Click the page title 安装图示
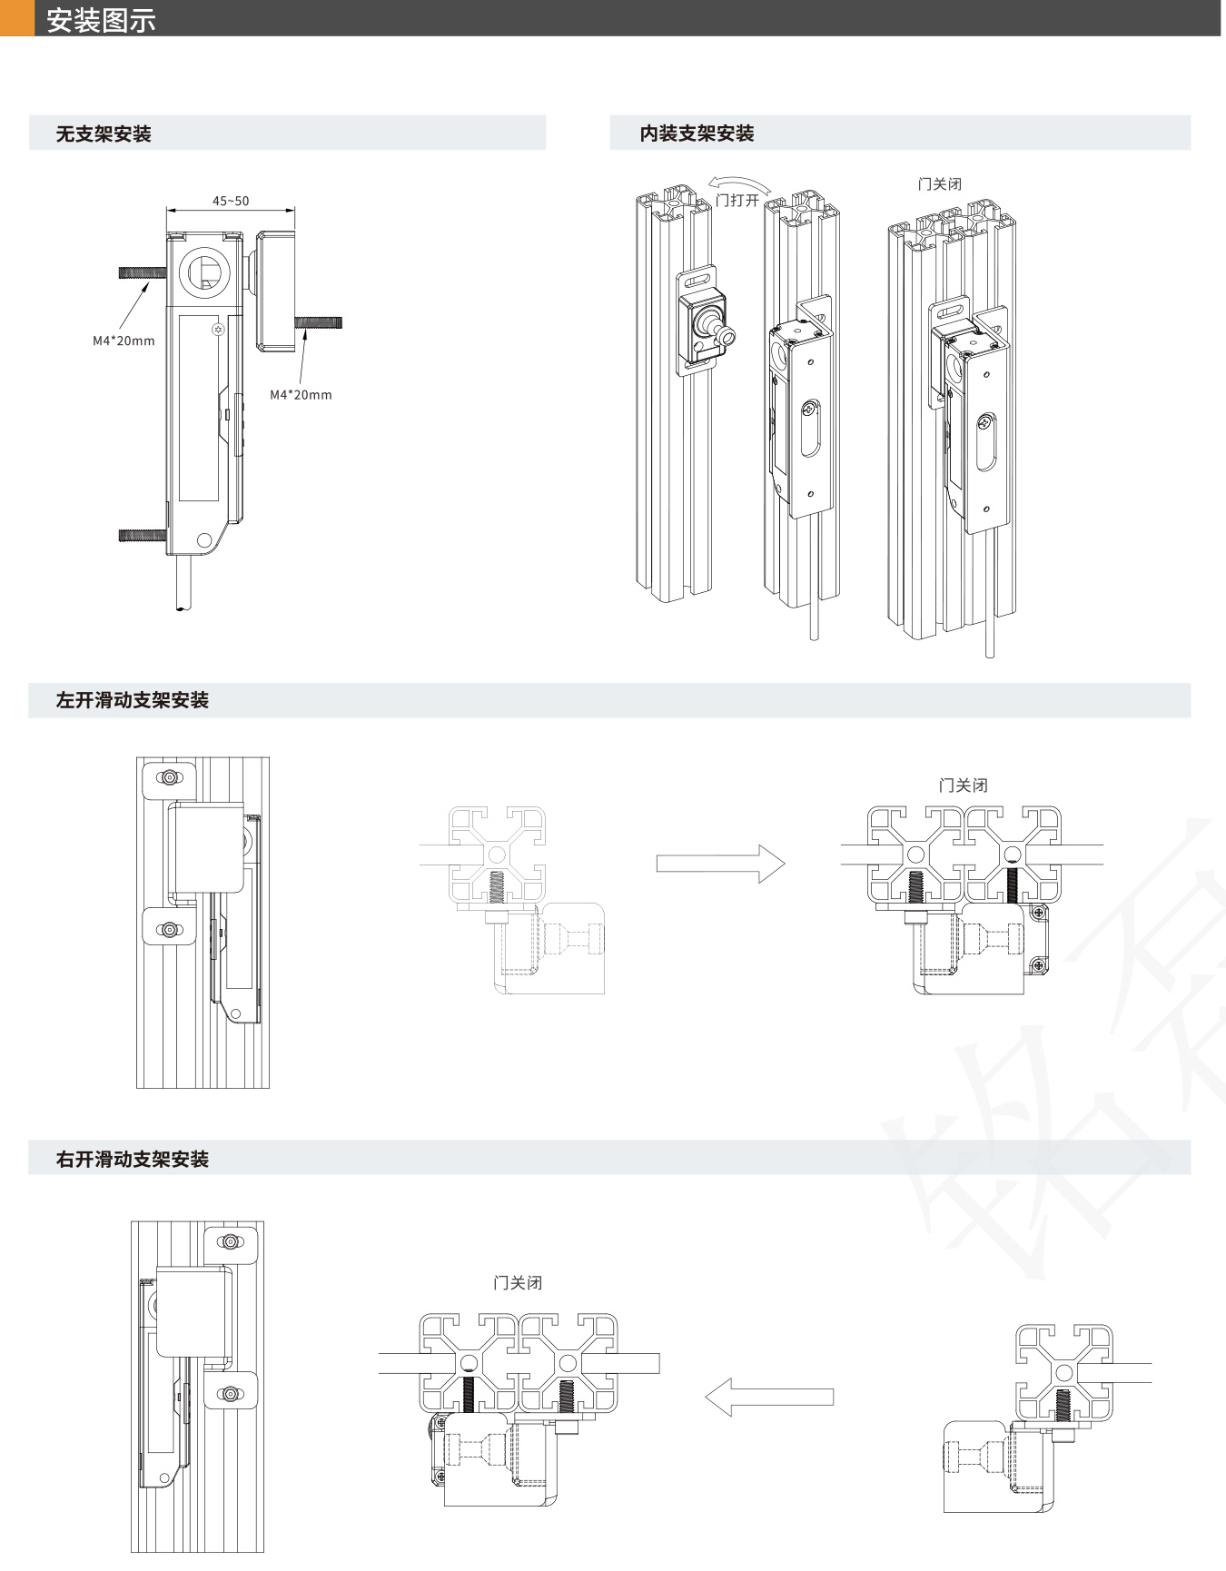click(x=101, y=20)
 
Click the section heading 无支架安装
click(x=104, y=134)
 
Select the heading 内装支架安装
click(x=697, y=133)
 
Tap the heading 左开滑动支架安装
click(x=133, y=700)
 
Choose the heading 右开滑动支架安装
click(x=133, y=1159)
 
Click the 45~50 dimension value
click(x=231, y=201)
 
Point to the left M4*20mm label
click(x=124, y=341)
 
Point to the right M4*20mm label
click(x=301, y=395)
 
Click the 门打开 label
click(x=737, y=200)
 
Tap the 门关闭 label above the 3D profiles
click(x=939, y=184)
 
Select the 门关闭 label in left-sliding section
click(x=963, y=785)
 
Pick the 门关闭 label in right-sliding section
click(x=518, y=1283)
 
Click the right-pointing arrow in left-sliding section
click(x=720, y=864)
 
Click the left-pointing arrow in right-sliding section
click(x=769, y=1397)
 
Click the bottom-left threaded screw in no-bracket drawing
click(x=143, y=536)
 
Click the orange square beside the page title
click(x=17, y=18)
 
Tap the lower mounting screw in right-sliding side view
click(x=231, y=1393)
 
